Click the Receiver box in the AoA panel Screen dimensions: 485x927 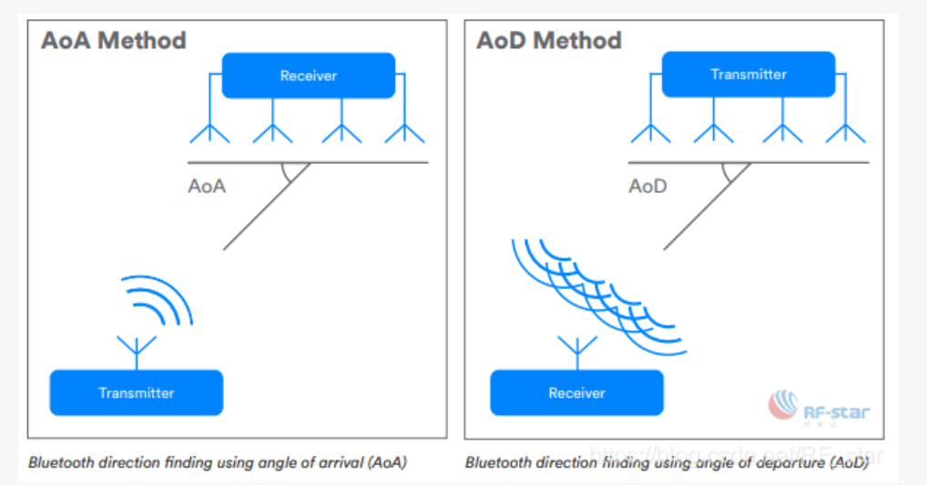(x=309, y=76)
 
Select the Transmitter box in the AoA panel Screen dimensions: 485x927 (x=136, y=392)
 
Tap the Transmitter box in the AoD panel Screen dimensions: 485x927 (x=749, y=75)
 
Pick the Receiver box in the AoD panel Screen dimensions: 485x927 (x=576, y=393)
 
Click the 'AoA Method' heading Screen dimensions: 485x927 (x=114, y=41)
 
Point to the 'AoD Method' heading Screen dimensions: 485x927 (x=549, y=41)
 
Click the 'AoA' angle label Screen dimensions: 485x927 (x=207, y=187)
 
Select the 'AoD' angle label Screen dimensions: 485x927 (x=647, y=187)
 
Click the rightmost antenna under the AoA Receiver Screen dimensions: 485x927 (x=404, y=132)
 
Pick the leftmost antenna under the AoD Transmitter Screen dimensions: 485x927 (x=650, y=132)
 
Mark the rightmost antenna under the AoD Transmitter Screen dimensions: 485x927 (x=845, y=132)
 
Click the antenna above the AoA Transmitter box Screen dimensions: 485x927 (x=137, y=349)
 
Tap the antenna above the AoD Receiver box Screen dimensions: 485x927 (x=576, y=349)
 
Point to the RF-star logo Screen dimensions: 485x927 (x=819, y=409)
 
